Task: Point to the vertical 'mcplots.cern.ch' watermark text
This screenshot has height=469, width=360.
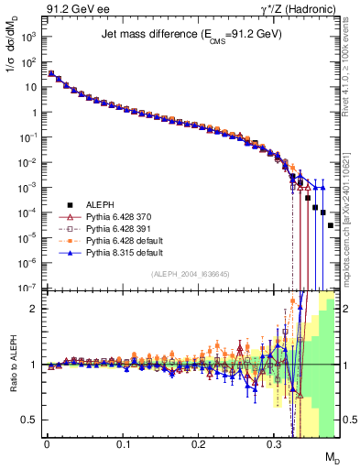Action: (x=354, y=220)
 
